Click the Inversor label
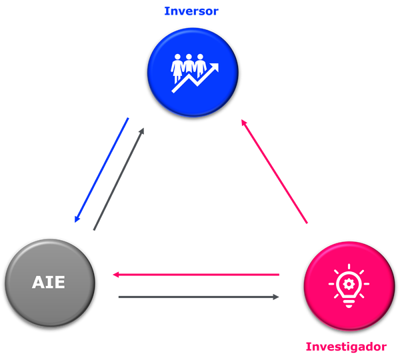coord(191,11)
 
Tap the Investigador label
coord(346,347)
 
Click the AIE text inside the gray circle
coord(49,282)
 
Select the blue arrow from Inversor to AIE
coord(101,171)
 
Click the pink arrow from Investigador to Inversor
coord(274,171)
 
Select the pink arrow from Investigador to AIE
coord(195,274)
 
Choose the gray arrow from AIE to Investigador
coord(198,297)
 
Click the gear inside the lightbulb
coord(349,283)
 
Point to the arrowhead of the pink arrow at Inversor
coord(244,123)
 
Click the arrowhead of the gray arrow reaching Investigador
coord(276,297)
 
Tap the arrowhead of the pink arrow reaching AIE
coord(115,274)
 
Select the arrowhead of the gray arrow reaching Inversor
coord(141,131)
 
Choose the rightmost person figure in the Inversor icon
coord(201,65)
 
